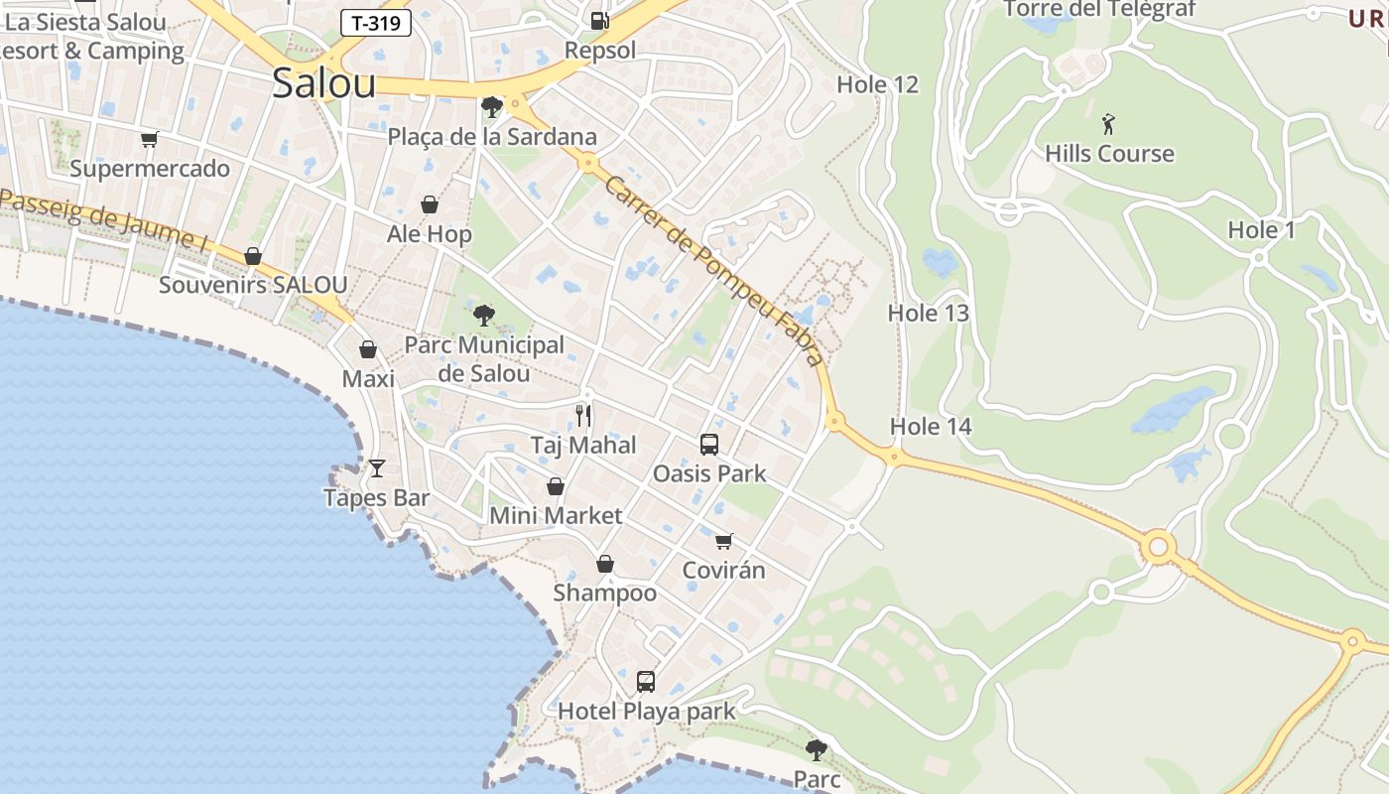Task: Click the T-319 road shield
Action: pos(376,23)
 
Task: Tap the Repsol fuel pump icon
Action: pos(599,20)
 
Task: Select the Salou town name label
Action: pos(323,83)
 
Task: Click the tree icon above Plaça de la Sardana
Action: pos(490,106)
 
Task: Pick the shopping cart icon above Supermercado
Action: pos(149,139)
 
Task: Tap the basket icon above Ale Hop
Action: pos(430,204)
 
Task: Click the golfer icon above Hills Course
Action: pos(1108,124)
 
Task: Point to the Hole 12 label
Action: pos(877,84)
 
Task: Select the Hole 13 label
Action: pos(928,313)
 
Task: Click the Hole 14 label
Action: pos(930,427)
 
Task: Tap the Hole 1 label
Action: pos(1261,230)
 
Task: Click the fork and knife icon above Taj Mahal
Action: pos(583,415)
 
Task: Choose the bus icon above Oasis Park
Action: pos(708,444)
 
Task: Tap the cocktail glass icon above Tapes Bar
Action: pos(377,467)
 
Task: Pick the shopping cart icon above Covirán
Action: pos(724,541)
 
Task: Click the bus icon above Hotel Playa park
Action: pos(646,682)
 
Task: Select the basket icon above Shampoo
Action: pos(604,564)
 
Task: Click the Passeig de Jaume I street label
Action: pos(104,219)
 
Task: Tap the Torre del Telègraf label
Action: pos(1099,10)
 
